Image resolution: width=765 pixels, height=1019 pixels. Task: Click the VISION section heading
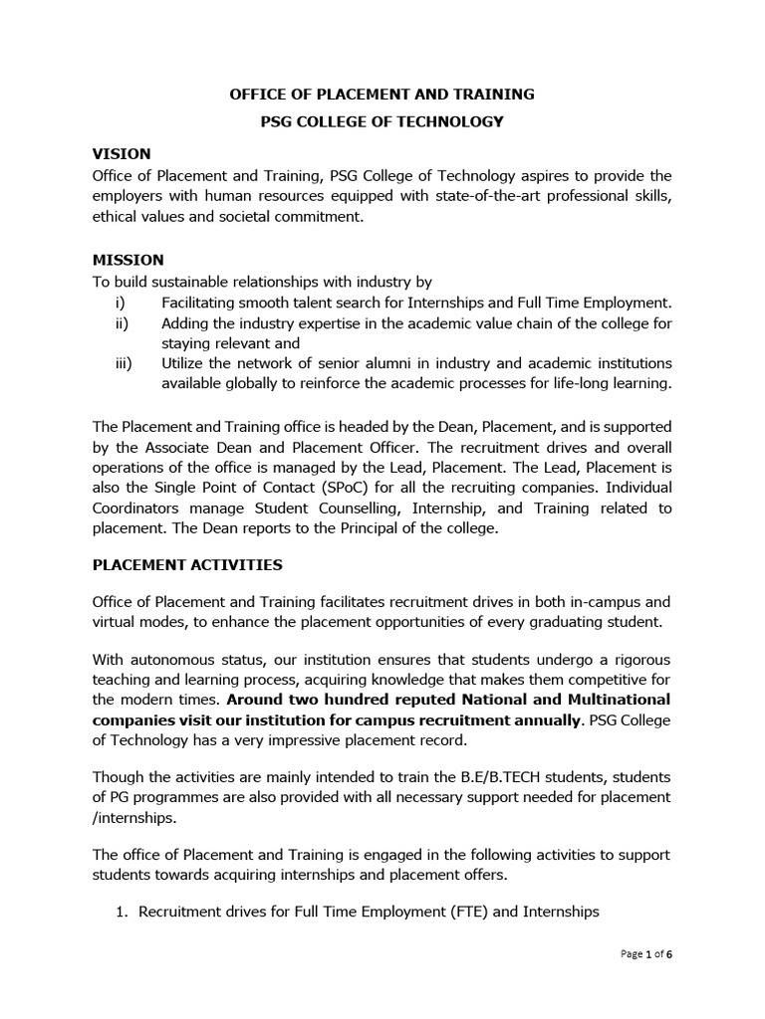point(122,153)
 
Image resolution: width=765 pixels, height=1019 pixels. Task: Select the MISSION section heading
point(127,260)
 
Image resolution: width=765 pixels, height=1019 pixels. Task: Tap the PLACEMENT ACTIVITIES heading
point(187,564)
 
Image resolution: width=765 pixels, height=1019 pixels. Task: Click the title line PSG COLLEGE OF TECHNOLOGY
point(382,121)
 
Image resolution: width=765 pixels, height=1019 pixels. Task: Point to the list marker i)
point(122,303)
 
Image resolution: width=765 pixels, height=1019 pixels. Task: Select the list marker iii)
point(124,363)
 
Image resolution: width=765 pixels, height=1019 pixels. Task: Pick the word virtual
point(116,622)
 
